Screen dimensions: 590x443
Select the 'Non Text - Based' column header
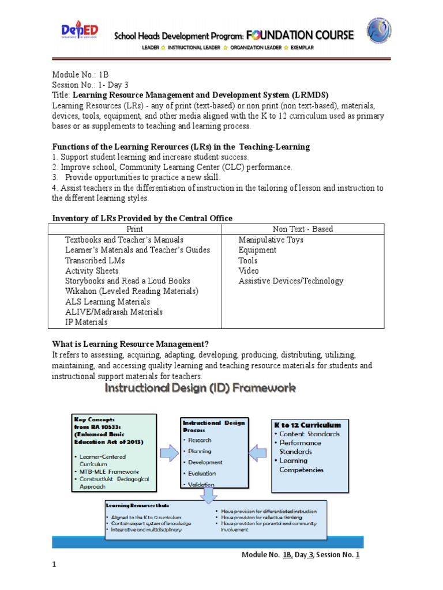point(302,229)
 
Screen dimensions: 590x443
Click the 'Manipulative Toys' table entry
point(271,240)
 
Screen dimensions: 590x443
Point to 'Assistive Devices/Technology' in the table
point(291,281)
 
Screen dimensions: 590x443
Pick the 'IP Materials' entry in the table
point(86,322)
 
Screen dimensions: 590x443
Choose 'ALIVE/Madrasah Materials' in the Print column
point(114,312)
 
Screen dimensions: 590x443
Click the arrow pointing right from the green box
point(169,453)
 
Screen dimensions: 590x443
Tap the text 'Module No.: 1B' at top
point(80,75)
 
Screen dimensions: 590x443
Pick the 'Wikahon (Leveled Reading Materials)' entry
point(132,292)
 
